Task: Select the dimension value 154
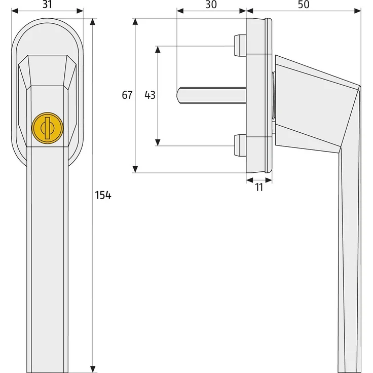[103, 196]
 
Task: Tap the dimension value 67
[127, 95]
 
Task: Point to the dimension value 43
[150, 95]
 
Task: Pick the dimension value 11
[259, 187]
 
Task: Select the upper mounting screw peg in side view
[238, 46]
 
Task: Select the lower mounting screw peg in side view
[238, 145]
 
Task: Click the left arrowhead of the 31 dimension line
[14, 10]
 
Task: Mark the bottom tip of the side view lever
[350, 366]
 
